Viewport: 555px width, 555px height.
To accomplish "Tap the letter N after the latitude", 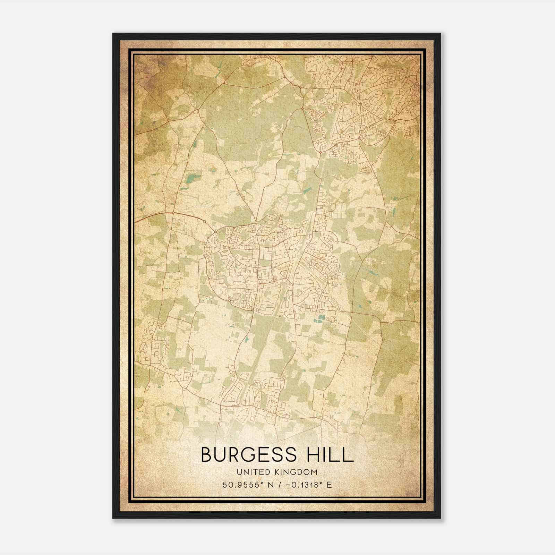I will (x=270, y=485).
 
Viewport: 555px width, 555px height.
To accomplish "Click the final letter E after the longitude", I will (x=330, y=485).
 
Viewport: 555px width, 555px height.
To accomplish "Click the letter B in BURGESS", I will (x=207, y=455).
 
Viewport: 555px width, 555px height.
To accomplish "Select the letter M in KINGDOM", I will (x=315, y=472).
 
